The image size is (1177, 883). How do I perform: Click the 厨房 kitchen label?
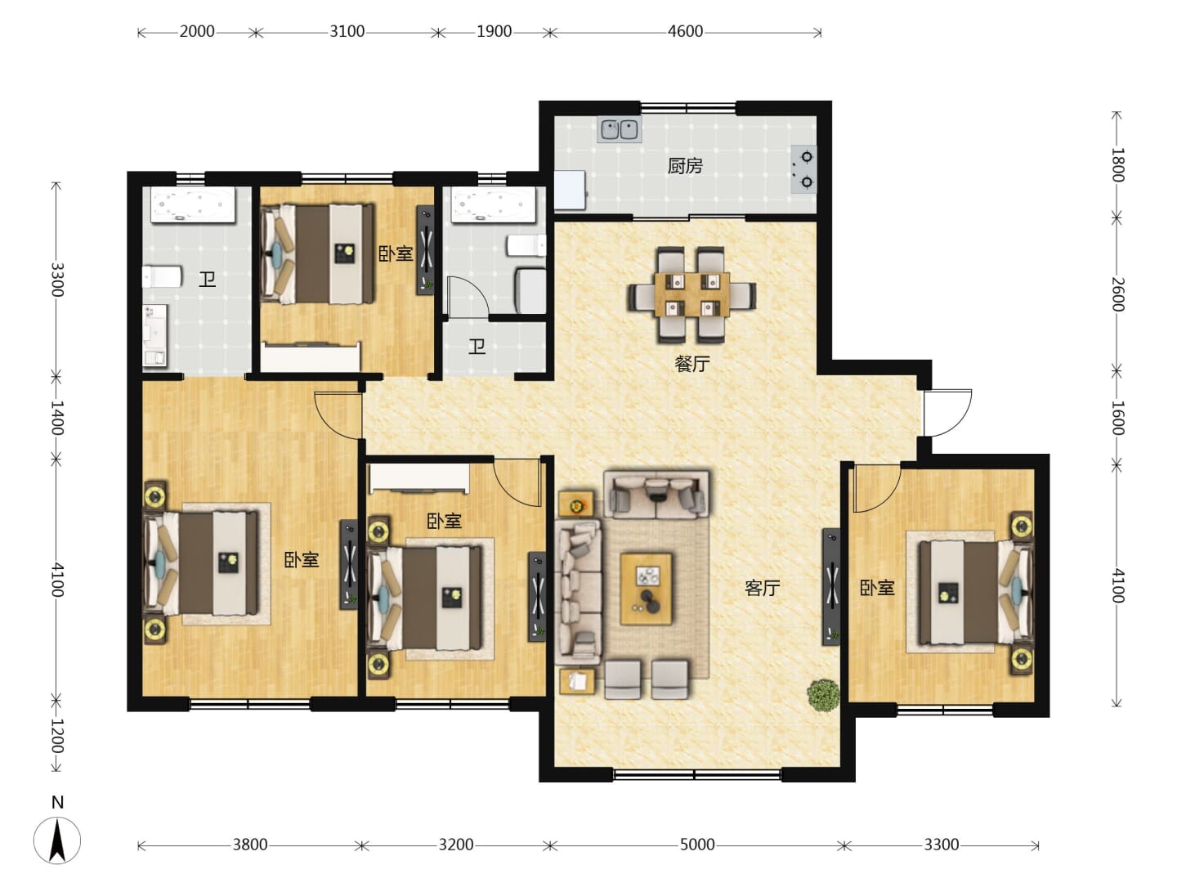tap(685, 166)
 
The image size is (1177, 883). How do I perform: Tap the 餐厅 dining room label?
tap(692, 364)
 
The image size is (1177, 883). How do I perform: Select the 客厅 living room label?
tap(762, 589)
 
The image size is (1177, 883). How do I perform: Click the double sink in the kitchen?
tap(620, 130)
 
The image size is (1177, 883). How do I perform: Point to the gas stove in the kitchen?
tap(803, 169)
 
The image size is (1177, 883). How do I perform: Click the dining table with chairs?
tap(691, 294)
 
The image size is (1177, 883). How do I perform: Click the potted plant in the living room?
tap(824, 696)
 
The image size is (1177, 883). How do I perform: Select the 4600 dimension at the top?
tap(685, 32)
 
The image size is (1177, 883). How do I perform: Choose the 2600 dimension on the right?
tap(1117, 294)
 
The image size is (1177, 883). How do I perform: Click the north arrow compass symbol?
tap(57, 840)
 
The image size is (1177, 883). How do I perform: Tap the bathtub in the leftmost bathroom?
tap(193, 204)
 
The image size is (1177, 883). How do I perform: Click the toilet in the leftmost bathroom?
tap(162, 276)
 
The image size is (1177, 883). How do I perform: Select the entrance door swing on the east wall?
tap(947, 413)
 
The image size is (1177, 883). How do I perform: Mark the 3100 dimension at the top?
tap(347, 32)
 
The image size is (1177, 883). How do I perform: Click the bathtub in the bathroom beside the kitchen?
tap(494, 204)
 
